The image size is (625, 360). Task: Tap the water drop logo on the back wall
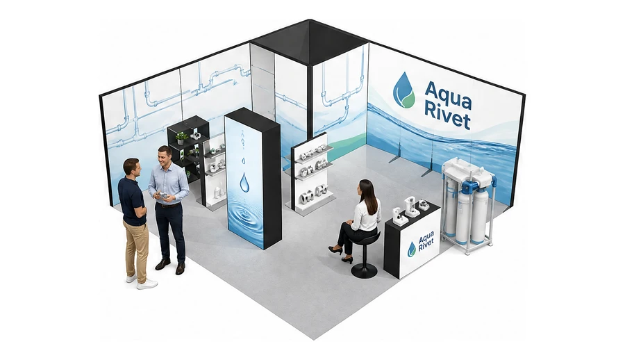tap(404, 90)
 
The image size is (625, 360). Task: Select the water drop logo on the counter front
tap(411, 249)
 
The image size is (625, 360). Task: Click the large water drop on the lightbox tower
tap(244, 181)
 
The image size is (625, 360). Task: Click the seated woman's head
tap(366, 189)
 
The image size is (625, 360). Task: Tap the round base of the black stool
tap(364, 271)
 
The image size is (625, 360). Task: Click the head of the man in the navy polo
tap(131, 168)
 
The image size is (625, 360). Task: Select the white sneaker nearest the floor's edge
tap(147, 284)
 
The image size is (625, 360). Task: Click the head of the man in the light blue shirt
tap(165, 156)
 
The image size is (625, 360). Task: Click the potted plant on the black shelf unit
tap(181, 138)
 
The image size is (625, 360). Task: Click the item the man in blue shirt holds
tap(162, 195)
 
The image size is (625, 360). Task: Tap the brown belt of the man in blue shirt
tap(169, 205)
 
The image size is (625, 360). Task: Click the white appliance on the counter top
tap(410, 207)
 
